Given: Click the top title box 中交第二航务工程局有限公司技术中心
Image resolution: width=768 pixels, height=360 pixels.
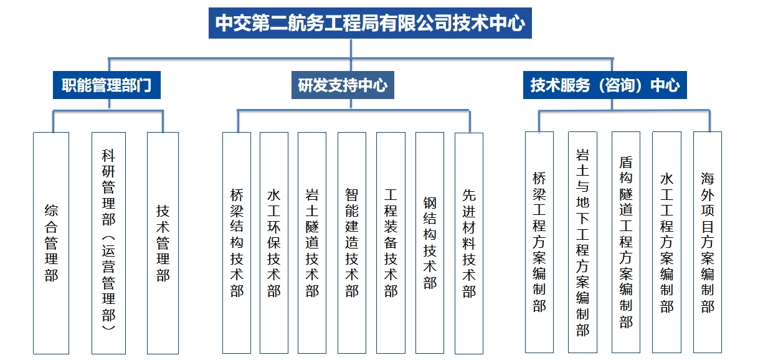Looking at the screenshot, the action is tap(370, 23).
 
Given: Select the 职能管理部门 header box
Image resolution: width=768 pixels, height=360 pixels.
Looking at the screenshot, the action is tap(107, 85).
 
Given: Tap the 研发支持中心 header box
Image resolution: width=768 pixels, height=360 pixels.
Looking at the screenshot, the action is tap(343, 85).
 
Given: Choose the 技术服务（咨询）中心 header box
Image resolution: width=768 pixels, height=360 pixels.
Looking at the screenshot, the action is tap(605, 85).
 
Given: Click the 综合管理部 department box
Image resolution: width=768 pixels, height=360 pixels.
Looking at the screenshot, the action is tap(51, 243).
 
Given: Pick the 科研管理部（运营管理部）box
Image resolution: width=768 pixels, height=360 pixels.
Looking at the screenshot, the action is tap(108, 243).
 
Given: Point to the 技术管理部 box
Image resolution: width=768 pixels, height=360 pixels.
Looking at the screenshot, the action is tap(163, 243).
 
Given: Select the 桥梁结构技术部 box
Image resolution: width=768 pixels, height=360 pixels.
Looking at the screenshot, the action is tap(237, 243).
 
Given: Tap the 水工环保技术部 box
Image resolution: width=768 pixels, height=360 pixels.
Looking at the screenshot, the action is tap(274, 243).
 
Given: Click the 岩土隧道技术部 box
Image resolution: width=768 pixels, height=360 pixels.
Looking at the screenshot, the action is tap(312, 243).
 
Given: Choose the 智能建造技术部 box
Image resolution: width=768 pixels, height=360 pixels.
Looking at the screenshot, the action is tap(352, 243).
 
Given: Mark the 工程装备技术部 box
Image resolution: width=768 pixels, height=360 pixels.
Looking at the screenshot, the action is tap(391, 243).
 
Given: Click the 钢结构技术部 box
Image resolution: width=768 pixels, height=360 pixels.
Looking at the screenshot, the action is tap(430, 243).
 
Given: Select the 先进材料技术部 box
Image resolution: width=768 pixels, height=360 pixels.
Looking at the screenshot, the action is tap(469, 244).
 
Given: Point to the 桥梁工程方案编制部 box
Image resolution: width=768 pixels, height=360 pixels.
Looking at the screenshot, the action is tap(539, 242).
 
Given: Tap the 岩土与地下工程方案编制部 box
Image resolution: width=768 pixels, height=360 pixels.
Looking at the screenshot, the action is tap(582, 242).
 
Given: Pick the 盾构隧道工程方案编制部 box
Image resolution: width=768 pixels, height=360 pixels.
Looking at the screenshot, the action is tap(626, 242).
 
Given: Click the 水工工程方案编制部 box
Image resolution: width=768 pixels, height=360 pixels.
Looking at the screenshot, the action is tap(666, 242).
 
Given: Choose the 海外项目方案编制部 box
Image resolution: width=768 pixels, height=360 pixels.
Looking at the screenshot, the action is tap(708, 242).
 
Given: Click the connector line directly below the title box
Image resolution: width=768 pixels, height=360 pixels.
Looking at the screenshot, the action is tap(351, 49).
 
